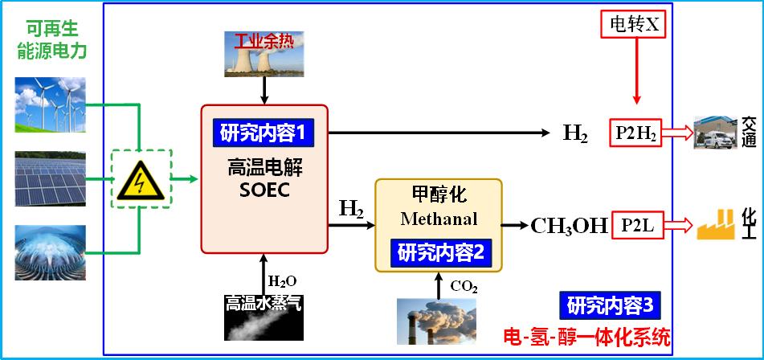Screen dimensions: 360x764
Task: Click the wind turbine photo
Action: coord(50,104)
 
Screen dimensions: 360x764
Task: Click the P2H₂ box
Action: coord(636,133)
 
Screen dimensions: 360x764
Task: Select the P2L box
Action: coord(636,226)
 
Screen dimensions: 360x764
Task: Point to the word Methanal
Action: coord(439,219)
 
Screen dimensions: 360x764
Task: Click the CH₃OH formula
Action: coord(569,226)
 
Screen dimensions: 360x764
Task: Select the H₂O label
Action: coord(283,281)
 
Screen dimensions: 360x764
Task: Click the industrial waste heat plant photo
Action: coord(264,55)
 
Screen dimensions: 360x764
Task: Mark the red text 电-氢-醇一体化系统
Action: coord(586,336)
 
